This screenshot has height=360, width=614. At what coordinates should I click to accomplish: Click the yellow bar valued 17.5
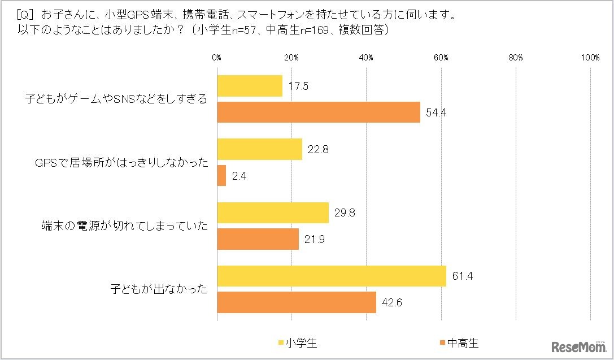pos(250,86)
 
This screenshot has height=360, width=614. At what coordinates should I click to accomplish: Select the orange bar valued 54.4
pos(319,112)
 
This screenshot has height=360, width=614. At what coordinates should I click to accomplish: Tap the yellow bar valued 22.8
pos(259,149)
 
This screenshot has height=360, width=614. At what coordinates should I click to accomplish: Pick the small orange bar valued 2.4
pos(221,175)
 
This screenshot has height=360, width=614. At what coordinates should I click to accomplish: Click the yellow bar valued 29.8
pos(273,212)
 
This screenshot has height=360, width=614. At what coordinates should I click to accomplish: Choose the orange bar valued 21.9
pos(258,238)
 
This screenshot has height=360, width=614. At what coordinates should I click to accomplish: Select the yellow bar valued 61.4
pos(332,276)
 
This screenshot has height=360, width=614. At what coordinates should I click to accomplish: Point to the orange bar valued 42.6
pos(297,302)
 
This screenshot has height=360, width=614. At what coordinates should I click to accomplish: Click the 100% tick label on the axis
pos(590,58)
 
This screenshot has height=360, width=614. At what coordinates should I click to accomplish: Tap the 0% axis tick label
pos(217,58)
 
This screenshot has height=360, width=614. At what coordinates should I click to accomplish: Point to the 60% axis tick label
pos(441,58)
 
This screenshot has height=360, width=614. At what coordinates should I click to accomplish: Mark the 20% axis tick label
pos(291,58)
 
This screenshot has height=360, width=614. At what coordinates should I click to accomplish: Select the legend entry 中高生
pos(458,342)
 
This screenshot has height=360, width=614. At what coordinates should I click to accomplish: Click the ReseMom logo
pos(579,345)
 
